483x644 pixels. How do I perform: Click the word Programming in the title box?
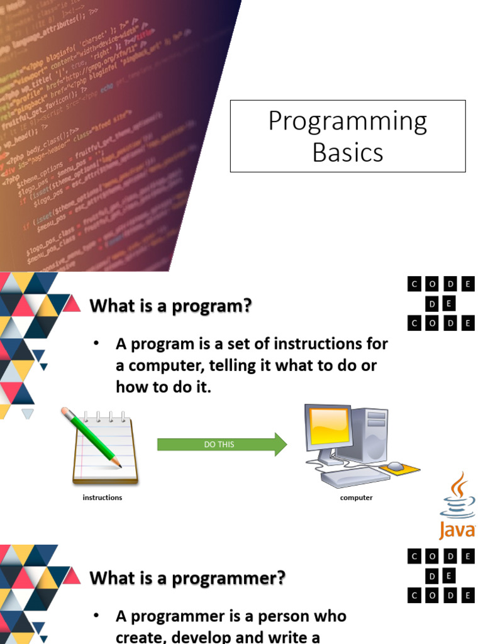[347, 121]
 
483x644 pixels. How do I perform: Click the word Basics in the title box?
[347, 152]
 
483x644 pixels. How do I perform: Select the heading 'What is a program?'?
[170, 307]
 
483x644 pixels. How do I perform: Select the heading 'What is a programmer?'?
[187, 577]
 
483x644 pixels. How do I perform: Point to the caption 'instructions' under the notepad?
[103, 497]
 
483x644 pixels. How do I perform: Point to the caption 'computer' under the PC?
[356, 497]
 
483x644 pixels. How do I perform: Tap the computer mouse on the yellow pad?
[395, 466]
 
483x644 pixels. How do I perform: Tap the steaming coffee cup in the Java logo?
[458, 497]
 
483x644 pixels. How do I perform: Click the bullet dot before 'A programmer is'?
[96, 616]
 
